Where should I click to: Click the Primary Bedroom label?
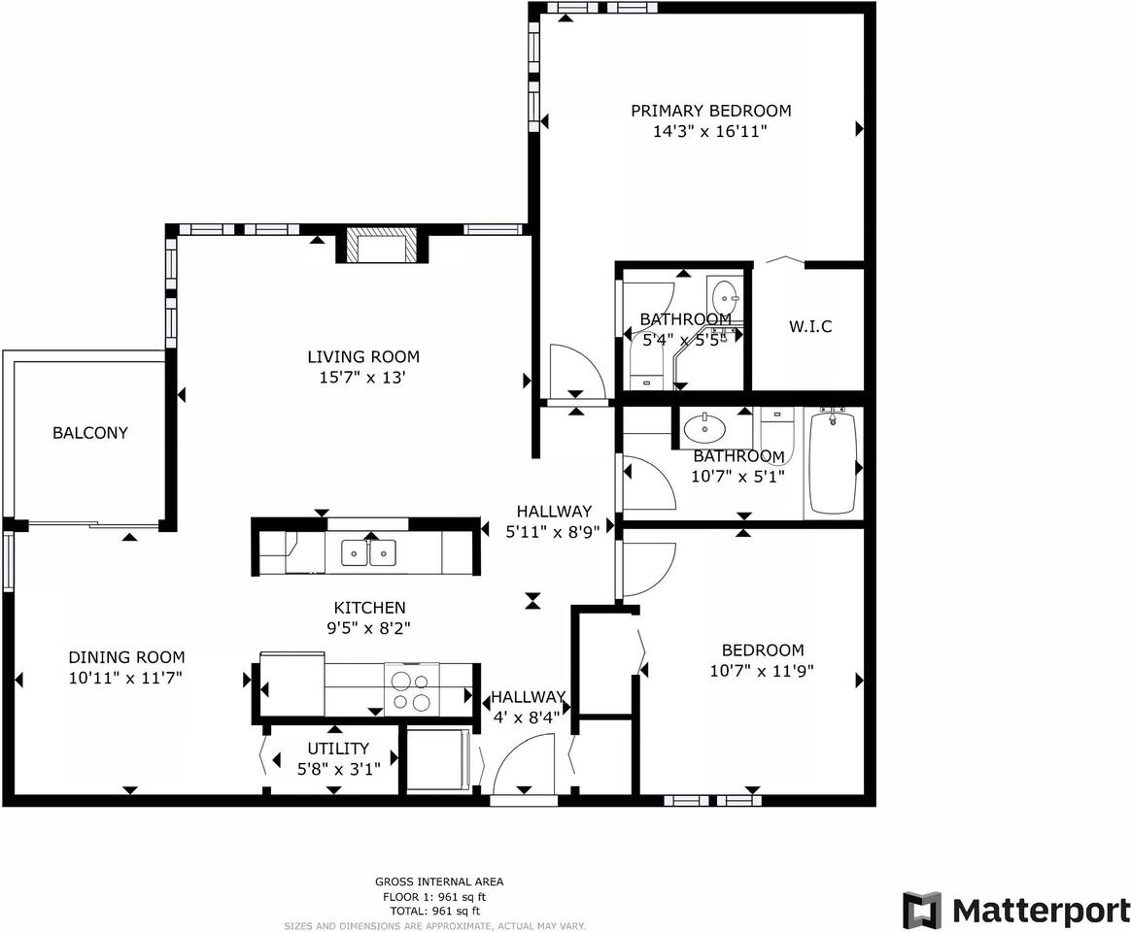pyautogui.click(x=710, y=111)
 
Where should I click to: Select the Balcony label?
pyautogui.click(x=90, y=433)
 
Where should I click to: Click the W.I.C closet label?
pyautogui.click(x=809, y=327)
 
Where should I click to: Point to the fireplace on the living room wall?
pyautogui.click(x=381, y=247)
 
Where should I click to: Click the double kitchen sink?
pyautogui.click(x=369, y=553)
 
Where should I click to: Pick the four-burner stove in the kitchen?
pyautogui.click(x=411, y=689)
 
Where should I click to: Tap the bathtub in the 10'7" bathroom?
pyautogui.click(x=834, y=462)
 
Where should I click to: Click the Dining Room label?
pyautogui.click(x=126, y=657)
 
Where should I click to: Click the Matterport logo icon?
pyautogui.click(x=921, y=910)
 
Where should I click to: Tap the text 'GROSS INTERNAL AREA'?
pyautogui.click(x=439, y=882)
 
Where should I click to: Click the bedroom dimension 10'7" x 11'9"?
pyautogui.click(x=763, y=670)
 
